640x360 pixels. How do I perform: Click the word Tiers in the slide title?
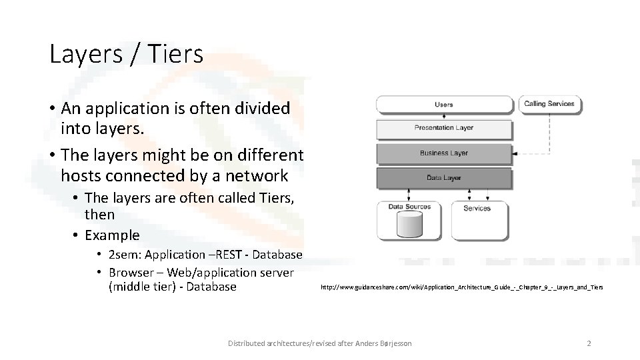[x=171, y=54]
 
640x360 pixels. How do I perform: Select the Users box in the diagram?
[x=443, y=105]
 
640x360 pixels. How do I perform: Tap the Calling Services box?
[x=549, y=104]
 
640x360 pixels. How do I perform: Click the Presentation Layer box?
[x=443, y=127]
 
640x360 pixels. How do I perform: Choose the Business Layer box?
[x=443, y=153]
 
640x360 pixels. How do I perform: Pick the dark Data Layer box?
[x=443, y=178]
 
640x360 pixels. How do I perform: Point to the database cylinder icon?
[x=409, y=225]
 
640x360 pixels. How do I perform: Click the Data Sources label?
[x=409, y=207]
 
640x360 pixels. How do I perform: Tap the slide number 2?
[x=589, y=343]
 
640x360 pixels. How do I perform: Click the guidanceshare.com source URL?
[x=461, y=287]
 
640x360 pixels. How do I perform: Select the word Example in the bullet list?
[x=112, y=235]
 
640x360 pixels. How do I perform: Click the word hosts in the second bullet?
[x=81, y=176]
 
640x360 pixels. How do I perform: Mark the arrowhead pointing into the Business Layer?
[x=514, y=153]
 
